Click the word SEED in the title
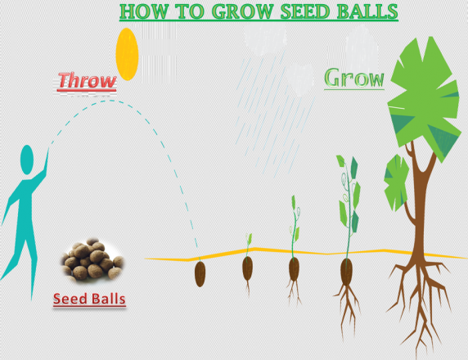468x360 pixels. click(x=305, y=11)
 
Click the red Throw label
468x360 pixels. click(x=87, y=81)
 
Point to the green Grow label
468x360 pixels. click(x=354, y=78)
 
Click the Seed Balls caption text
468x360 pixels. click(x=89, y=299)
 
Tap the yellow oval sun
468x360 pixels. click(x=127, y=54)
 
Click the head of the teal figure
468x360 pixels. click(x=26, y=160)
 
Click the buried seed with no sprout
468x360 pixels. click(x=200, y=274)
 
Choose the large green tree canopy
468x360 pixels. click(x=424, y=96)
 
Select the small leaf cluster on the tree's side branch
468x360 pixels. click(x=396, y=182)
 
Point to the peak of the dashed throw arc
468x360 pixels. click(x=110, y=101)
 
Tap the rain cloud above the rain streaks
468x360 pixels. click(x=266, y=38)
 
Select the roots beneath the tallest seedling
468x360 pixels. click(x=347, y=308)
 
